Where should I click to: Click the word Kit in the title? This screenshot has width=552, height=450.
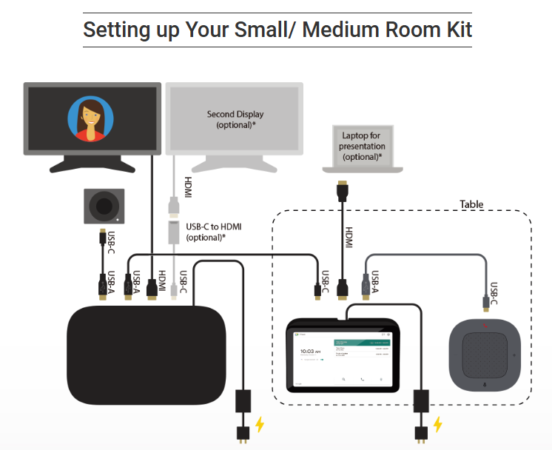[x=454, y=30]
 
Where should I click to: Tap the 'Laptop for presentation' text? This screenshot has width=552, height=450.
[x=363, y=147]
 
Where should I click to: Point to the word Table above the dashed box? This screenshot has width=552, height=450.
[x=471, y=204]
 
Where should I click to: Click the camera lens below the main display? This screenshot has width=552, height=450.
[x=104, y=205]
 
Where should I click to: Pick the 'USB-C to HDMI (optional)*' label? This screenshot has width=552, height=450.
[x=214, y=232]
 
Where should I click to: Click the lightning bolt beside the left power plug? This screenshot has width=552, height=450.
[x=260, y=424]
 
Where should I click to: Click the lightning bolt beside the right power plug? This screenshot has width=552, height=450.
[x=438, y=424]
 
